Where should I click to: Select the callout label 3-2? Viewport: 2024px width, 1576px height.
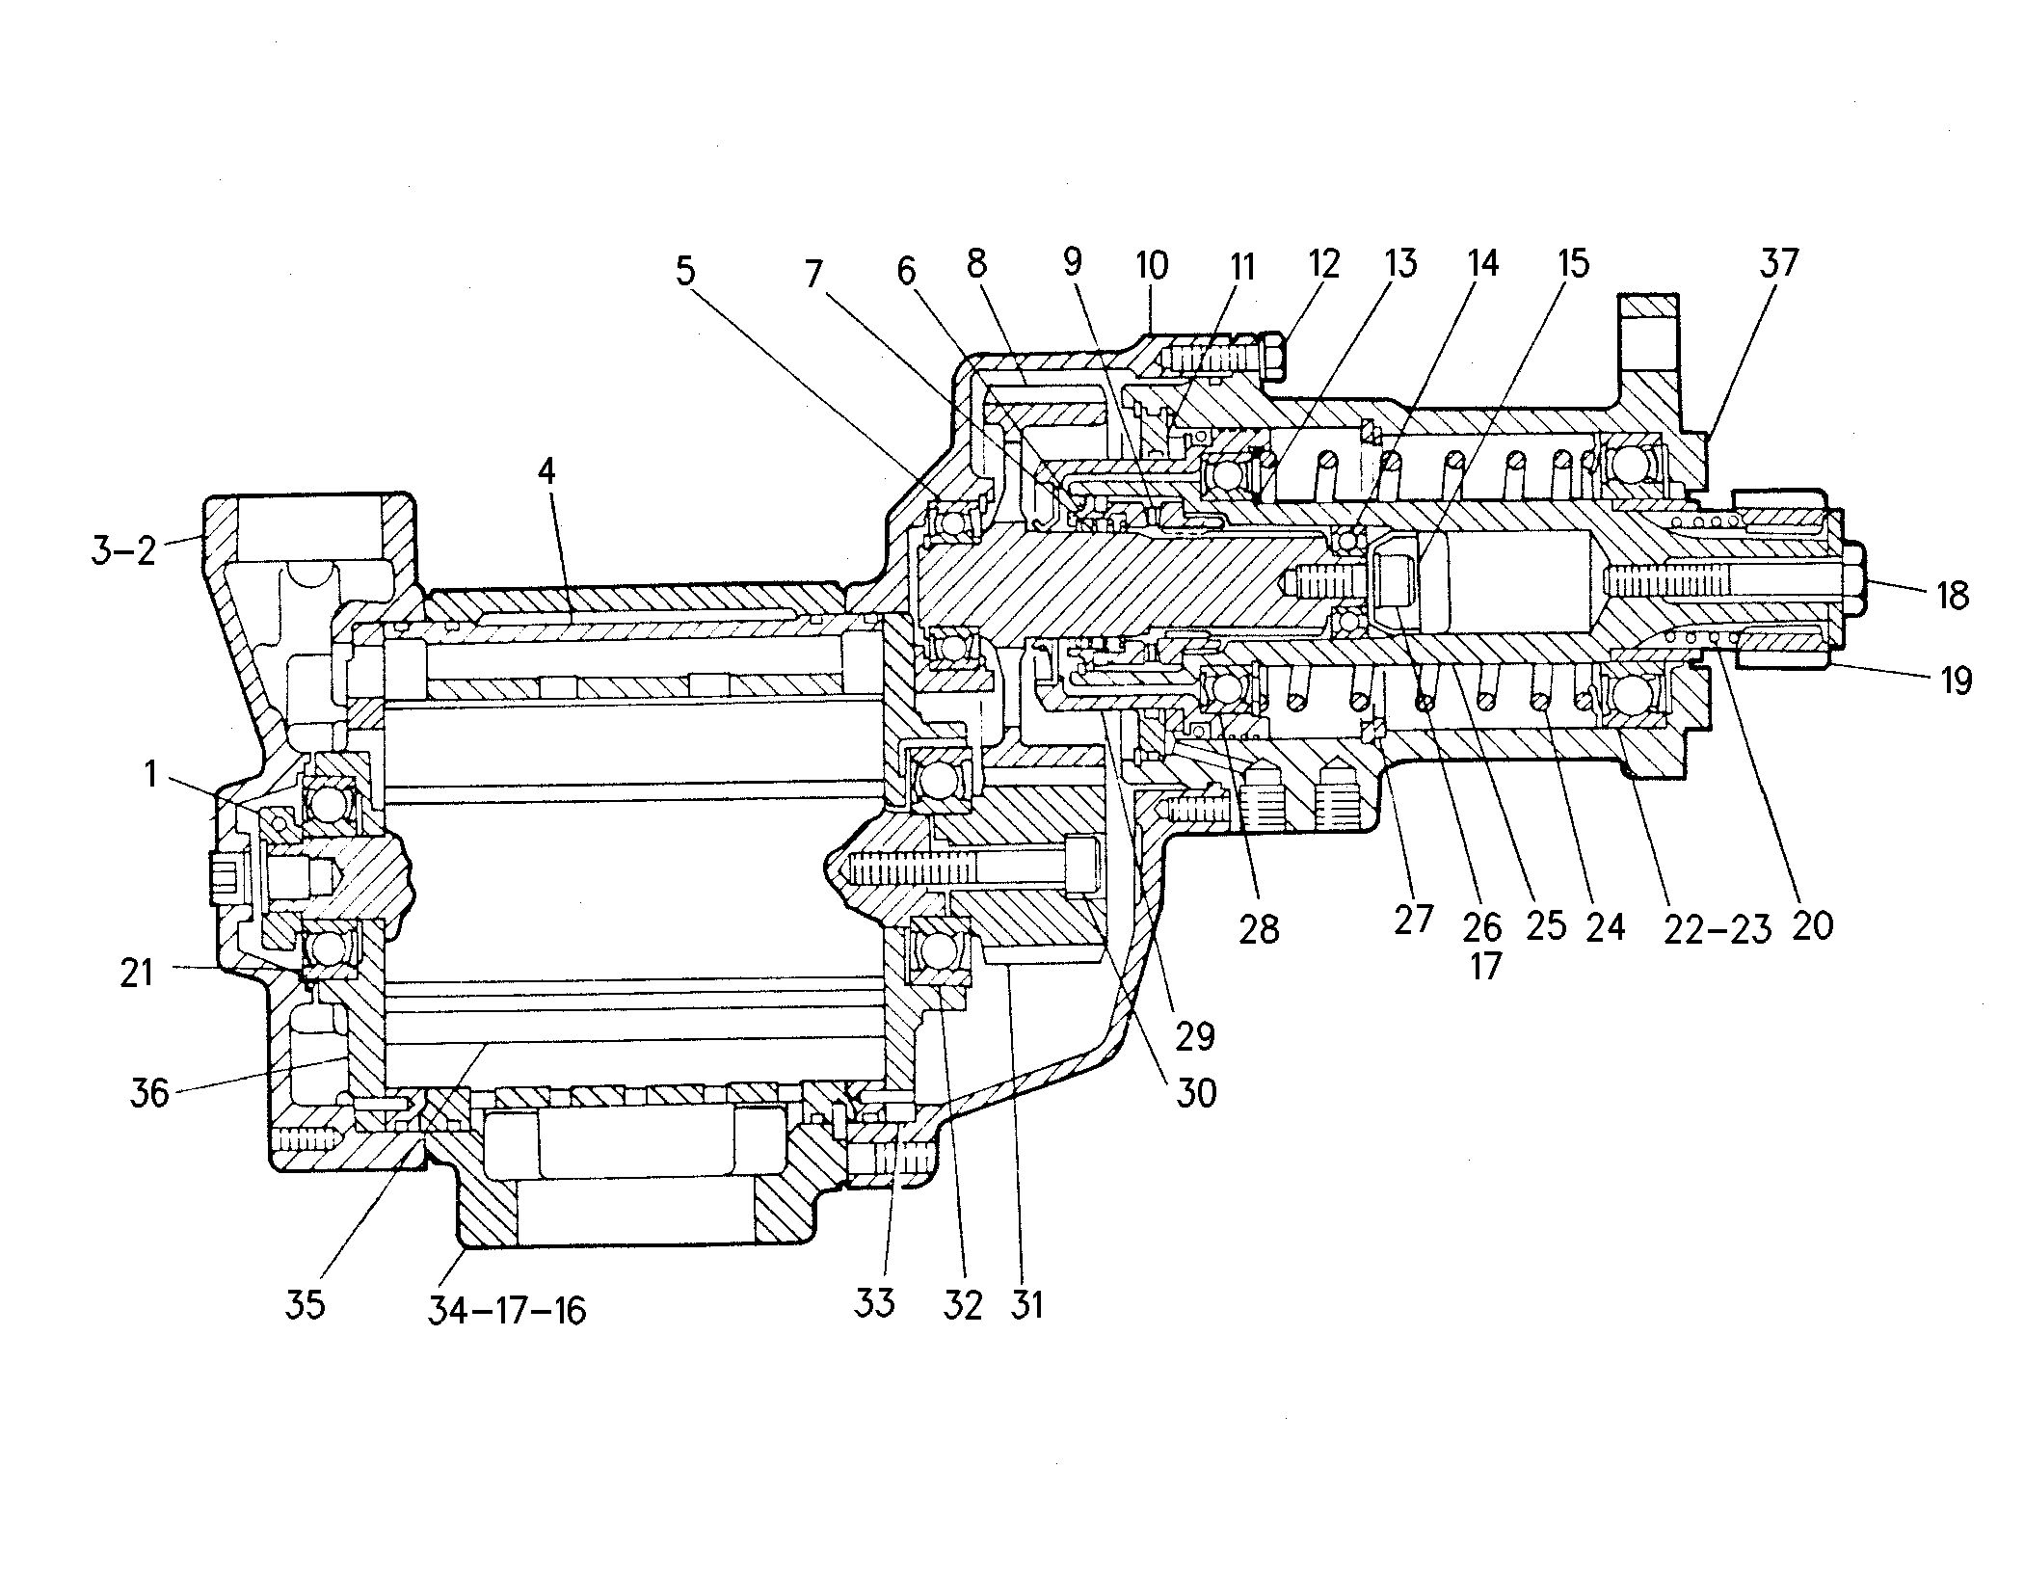123,551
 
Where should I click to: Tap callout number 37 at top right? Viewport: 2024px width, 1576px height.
1778,263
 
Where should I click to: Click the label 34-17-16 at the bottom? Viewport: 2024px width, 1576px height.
507,1310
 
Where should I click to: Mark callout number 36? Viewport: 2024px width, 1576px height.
149,1093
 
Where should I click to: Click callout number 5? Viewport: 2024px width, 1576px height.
684,272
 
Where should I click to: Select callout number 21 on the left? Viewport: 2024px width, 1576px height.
137,972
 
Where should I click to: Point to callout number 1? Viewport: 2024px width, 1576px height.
150,774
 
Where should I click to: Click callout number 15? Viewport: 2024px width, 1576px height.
1573,263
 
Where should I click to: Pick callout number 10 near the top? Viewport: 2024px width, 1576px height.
1153,265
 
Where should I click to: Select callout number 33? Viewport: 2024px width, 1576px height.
875,1304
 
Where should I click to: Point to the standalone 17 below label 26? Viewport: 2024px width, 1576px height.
1485,964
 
